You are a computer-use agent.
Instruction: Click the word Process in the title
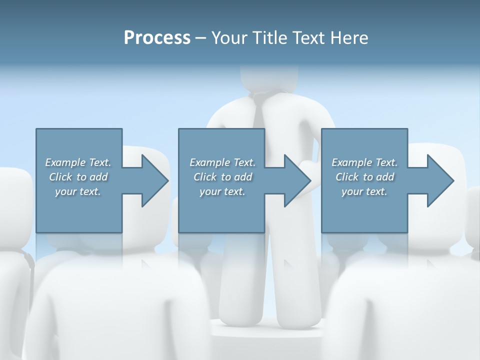click(157, 38)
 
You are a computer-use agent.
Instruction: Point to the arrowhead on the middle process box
click(296, 180)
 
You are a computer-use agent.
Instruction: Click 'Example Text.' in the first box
click(78, 162)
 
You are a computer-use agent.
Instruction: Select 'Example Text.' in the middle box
click(222, 162)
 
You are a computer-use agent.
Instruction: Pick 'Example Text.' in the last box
click(364, 162)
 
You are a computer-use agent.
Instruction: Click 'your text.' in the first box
click(78, 191)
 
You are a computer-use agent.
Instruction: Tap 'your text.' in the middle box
click(222, 191)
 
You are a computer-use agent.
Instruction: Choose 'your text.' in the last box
click(364, 191)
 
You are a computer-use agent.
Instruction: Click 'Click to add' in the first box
click(78, 177)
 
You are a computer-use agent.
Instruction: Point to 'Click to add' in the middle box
click(222, 177)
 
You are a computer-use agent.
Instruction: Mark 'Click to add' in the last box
click(364, 177)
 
